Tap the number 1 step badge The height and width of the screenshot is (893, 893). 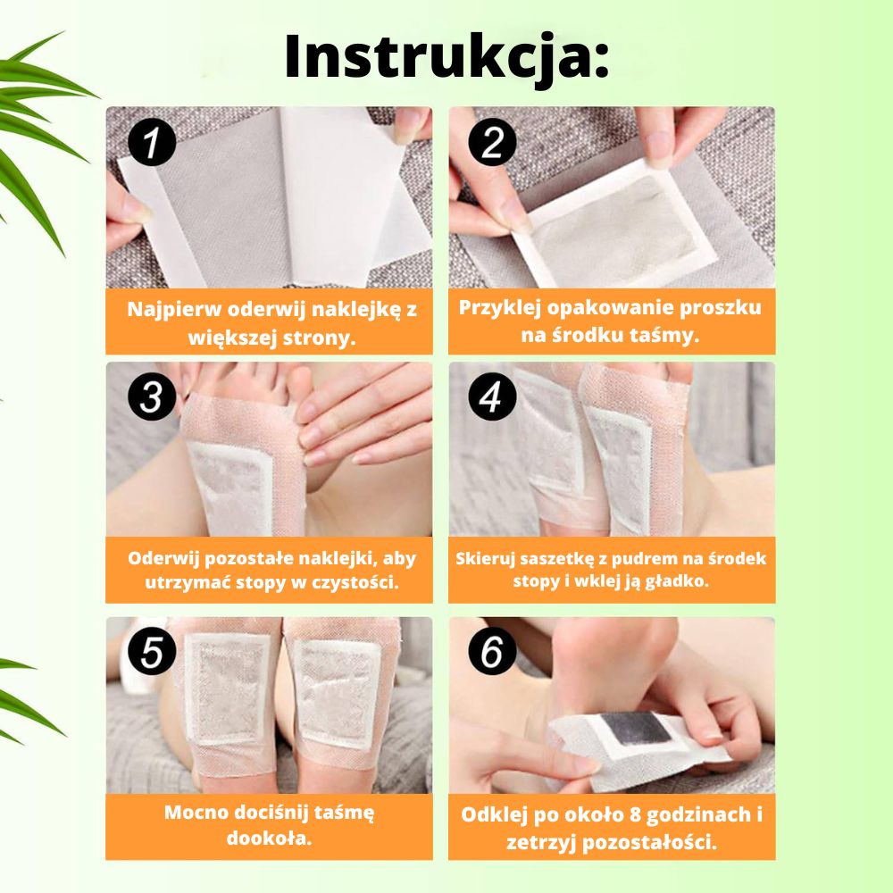pos(152,144)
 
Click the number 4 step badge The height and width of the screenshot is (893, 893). pos(492,398)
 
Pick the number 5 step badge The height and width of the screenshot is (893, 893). pos(152,655)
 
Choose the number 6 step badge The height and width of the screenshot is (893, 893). pos(492,655)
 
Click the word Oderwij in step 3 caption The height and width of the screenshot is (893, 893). pos(163,559)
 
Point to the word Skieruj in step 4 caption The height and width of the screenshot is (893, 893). pos(488,560)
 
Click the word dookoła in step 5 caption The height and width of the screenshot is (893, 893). pos(269,839)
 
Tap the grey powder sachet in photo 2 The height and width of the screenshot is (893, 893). pos(617,219)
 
